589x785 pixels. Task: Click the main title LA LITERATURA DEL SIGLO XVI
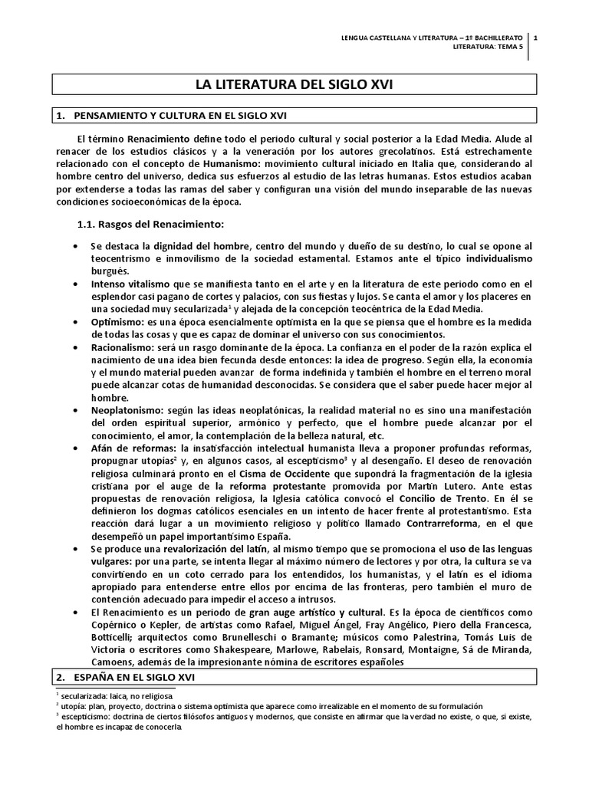[x=294, y=84]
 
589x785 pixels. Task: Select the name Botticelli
[x=114, y=637]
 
